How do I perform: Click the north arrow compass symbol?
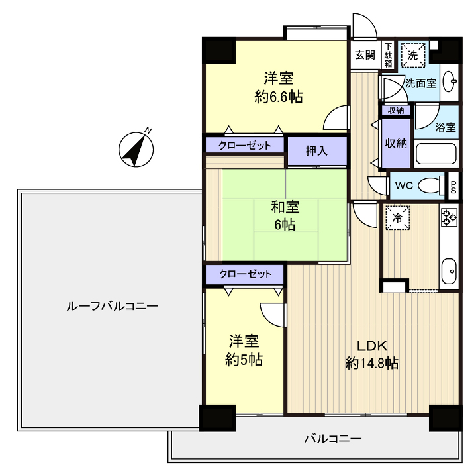136,148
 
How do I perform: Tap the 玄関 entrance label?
364,55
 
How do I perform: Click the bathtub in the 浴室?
436,155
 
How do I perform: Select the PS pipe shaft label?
454,185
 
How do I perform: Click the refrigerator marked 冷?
398,217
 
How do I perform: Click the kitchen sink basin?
449,270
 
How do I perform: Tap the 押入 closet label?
316,150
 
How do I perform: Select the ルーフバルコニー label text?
112,307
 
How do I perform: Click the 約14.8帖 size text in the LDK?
371,363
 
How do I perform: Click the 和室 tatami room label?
285,207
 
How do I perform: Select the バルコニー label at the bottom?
332,439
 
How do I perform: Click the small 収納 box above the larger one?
396,110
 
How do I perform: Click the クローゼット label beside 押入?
245,145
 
